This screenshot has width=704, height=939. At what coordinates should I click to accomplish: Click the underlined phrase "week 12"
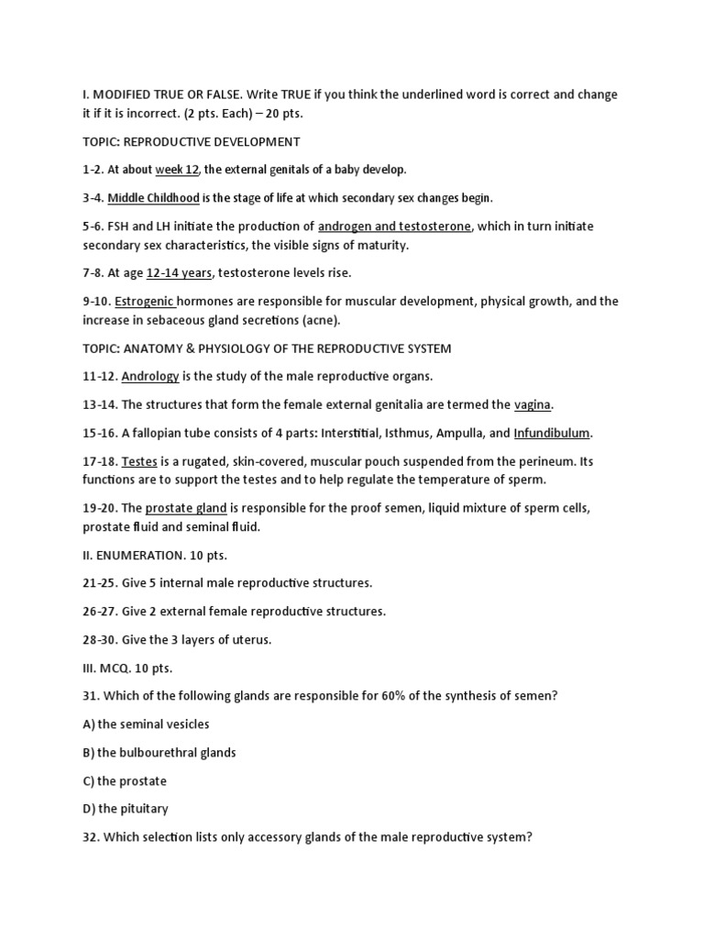[x=177, y=170]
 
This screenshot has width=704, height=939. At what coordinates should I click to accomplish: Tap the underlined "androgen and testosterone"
[x=394, y=226]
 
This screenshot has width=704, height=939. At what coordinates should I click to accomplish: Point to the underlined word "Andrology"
[x=150, y=376]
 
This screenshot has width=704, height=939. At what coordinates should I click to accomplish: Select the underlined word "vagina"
[x=533, y=404]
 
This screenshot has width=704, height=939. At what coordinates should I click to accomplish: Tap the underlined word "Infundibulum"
[x=552, y=433]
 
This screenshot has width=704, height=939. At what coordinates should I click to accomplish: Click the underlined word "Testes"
[x=139, y=461]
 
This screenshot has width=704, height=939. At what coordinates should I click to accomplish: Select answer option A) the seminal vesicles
[x=146, y=724]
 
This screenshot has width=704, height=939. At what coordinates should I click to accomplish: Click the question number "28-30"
[x=99, y=639]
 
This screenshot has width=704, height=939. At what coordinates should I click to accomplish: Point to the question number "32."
[x=91, y=837]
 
